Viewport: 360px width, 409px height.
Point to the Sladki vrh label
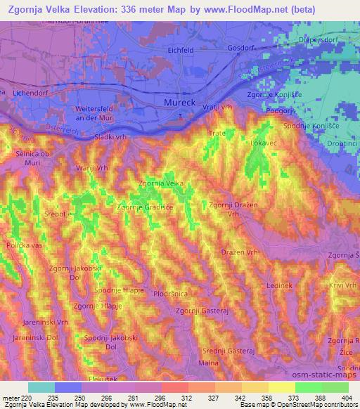(x=110, y=137)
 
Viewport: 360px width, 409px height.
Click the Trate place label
(x=215, y=132)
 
